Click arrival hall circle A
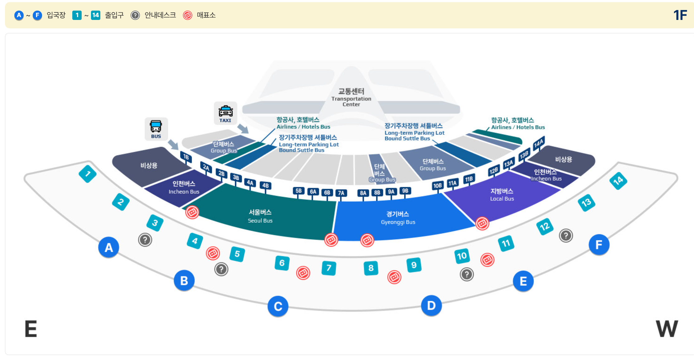coord(108,247)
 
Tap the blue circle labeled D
coord(431,306)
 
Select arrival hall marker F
coord(599,244)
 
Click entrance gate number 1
coord(88,174)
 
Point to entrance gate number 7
coord(329,268)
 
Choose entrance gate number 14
coord(618,180)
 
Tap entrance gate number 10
coord(462,256)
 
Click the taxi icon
coord(225,113)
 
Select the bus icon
coord(156,129)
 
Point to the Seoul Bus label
coord(260,216)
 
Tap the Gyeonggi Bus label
coord(398,218)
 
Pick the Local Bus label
coord(502,195)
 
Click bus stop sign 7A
coord(341,193)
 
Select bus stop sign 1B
coord(186,157)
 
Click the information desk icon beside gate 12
coord(566,235)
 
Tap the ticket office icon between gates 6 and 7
coord(303,273)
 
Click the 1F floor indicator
coord(680,15)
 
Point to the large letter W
coord(667,329)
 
